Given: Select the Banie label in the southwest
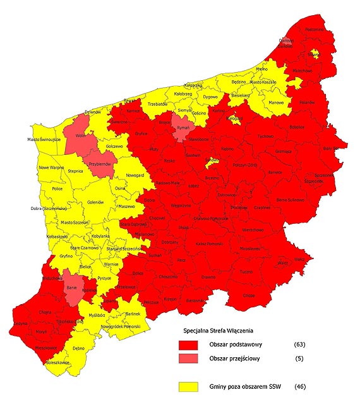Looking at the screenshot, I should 71,288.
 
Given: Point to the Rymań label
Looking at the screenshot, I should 183,128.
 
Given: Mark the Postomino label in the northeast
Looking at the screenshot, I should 314,28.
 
